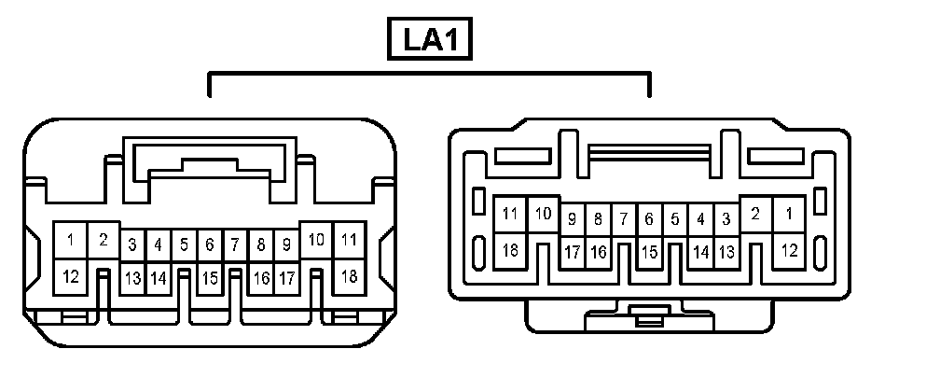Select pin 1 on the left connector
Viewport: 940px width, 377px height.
pyautogui.click(x=70, y=241)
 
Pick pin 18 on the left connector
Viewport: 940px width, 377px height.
pyautogui.click(x=350, y=276)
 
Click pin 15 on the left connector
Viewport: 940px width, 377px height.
pyautogui.click(x=210, y=278)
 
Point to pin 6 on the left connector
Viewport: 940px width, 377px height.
pyautogui.click(x=210, y=245)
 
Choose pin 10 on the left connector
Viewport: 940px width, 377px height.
pyautogui.click(x=317, y=241)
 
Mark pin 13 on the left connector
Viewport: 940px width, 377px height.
pyautogui.click(x=133, y=278)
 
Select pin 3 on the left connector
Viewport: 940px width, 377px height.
pyautogui.click(x=133, y=245)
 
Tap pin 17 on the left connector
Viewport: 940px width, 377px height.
pyautogui.click(x=286, y=278)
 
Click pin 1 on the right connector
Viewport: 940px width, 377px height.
pyautogui.click(x=789, y=215)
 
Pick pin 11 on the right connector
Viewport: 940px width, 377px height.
pyautogui.click(x=509, y=215)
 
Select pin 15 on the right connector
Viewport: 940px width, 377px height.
pyautogui.click(x=649, y=252)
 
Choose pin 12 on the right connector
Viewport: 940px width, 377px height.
pyautogui.click(x=789, y=250)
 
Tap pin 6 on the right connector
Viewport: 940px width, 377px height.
pyautogui.click(x=649, y=220)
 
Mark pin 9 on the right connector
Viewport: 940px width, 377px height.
pyautogui.click(x=573, y=220)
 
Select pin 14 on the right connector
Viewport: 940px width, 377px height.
pyautogui.click(x=701, y=252)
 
